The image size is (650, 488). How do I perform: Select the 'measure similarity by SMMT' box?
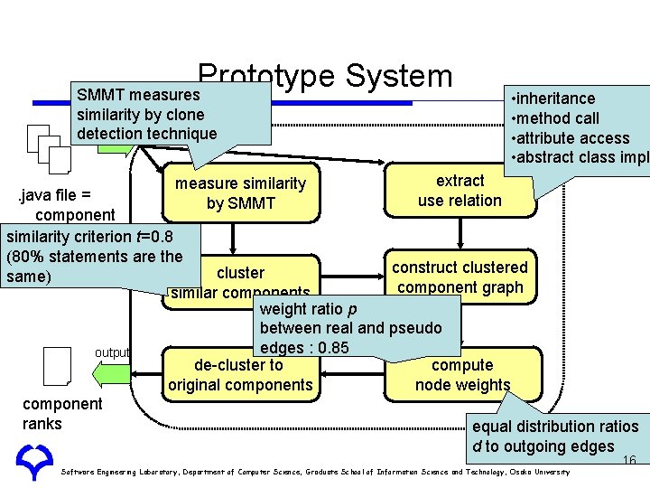point(240,193)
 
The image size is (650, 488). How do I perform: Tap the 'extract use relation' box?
point(460,191)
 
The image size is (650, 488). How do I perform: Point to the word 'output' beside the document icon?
point(113,352)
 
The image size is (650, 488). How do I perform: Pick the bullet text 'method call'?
point(559,118)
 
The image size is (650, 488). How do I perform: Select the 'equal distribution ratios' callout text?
point(555,427)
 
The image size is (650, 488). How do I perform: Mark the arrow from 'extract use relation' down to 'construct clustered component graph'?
point(460,234)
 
